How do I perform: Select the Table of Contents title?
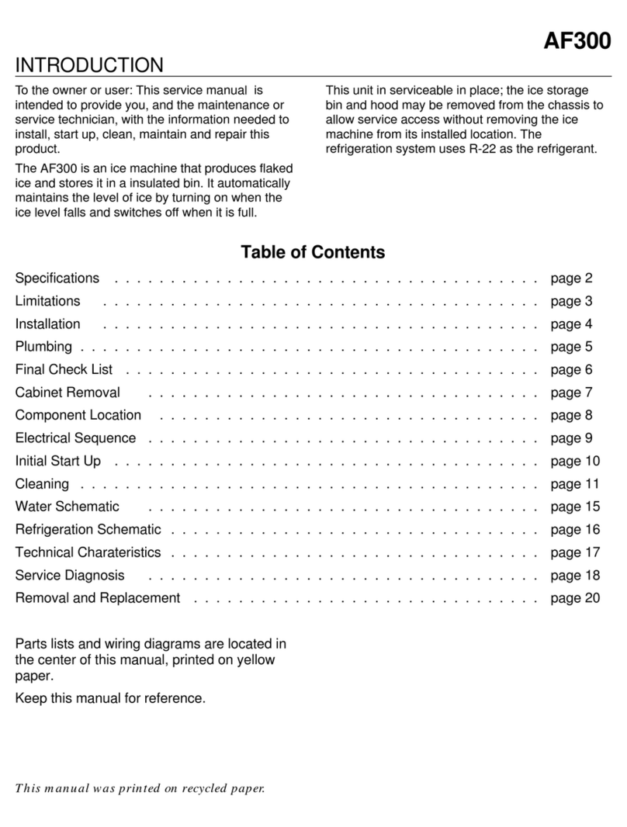pos(313,252)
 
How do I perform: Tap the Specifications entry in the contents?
pos(57,278)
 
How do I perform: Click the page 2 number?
pos(571,278)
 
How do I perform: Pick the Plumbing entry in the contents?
pos(43,346)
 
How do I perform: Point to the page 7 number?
pos(571,393)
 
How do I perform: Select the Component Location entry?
pos(78,415)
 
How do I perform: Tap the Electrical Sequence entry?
pos(75,438)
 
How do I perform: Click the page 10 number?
pos(575,461)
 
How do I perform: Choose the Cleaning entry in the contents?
pos(42,483)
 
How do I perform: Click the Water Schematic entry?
pos(68,507)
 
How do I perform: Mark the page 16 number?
pos(575,530)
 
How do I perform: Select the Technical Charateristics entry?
pos(88,552)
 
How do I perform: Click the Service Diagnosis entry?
pos(70,576)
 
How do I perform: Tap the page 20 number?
pos(575,598)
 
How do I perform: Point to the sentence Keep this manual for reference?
pos(110,699)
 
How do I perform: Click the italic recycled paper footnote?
pos(140,790)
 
